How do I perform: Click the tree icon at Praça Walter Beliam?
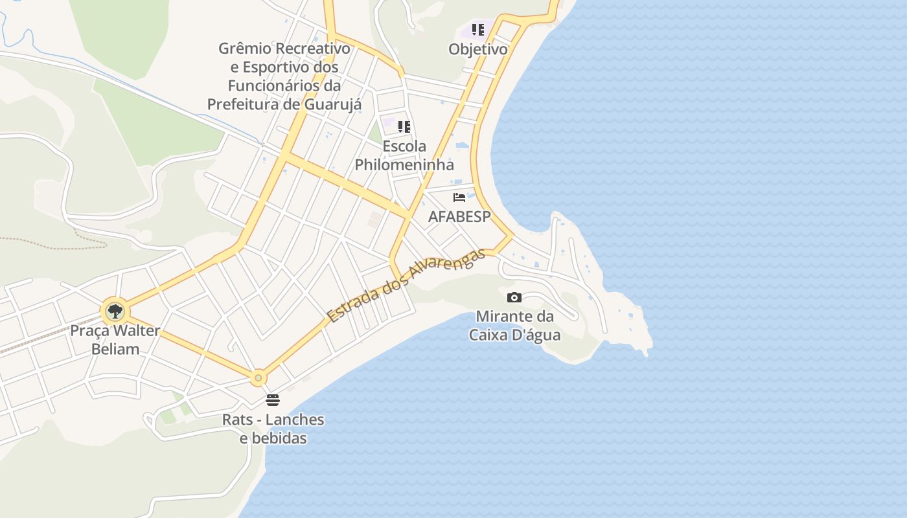click(115, 311)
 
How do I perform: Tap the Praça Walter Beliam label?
click(115, 340)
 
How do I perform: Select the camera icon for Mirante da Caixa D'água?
click(514, 297)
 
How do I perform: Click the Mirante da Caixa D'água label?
click(514, 326)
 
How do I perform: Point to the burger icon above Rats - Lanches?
click(273, 400)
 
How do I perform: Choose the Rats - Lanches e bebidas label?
click(273, 429)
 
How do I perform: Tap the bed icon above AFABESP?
click(459, 197)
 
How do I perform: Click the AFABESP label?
click(459, 217)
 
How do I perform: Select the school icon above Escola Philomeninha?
click(404, 127)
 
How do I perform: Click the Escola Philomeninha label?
click(404, 155)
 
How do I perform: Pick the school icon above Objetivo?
click(478, 30)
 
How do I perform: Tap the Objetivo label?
click(478, 49)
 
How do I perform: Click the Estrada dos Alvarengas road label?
click(406, 286)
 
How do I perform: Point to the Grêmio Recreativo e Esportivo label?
click(284, 76)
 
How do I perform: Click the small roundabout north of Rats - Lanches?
click(258, 377)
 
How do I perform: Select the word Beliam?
click(115, 349)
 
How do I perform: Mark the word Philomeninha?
click(404, 164)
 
